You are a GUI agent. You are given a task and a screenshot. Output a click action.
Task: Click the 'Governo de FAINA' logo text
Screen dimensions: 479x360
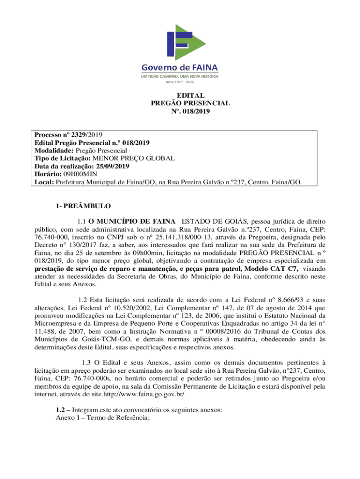180,67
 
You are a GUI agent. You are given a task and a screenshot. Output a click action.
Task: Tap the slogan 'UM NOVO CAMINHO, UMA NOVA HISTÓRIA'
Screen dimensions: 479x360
180,76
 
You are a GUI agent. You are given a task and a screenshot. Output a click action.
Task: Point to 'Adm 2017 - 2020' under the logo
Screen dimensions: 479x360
180,82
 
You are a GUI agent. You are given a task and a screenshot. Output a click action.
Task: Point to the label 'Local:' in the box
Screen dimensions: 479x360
44,182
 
